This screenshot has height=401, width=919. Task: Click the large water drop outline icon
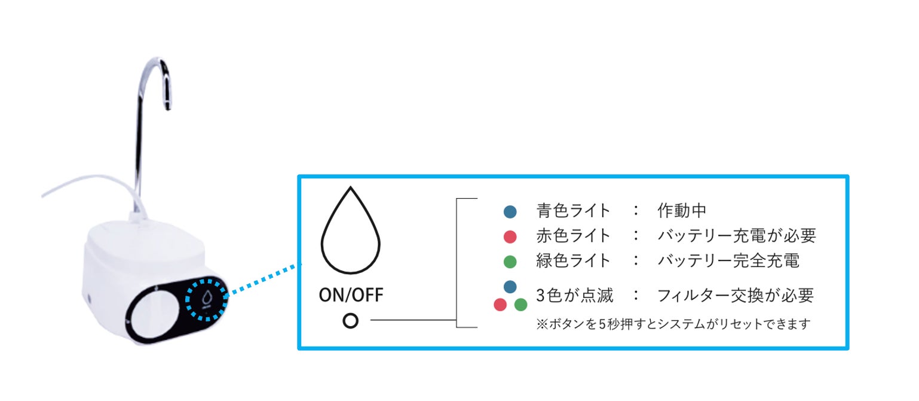[351, 233]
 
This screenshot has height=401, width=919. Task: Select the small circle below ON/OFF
[351, 321]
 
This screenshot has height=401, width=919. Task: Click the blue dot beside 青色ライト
[510, 211]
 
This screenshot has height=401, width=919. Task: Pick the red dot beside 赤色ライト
[510, 236]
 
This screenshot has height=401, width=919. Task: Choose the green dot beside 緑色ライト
[510, 262]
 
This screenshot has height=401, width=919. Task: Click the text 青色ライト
[574, 211]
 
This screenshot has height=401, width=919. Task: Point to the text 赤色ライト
[574, 236]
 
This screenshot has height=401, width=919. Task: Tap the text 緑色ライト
[574, 261]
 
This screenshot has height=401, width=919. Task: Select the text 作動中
[682, 211]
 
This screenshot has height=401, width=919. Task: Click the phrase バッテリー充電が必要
[736, 236]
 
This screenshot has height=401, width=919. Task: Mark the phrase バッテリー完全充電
[728, 261]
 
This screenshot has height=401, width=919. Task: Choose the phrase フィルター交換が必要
[735, 295]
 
